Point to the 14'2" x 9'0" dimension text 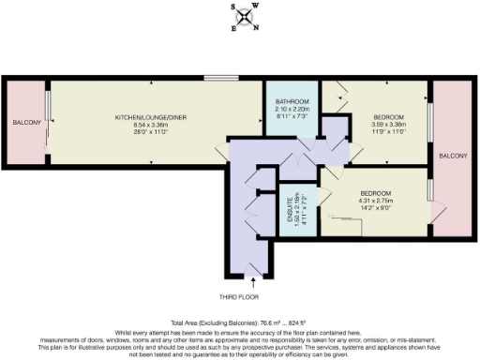coord(376,207)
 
